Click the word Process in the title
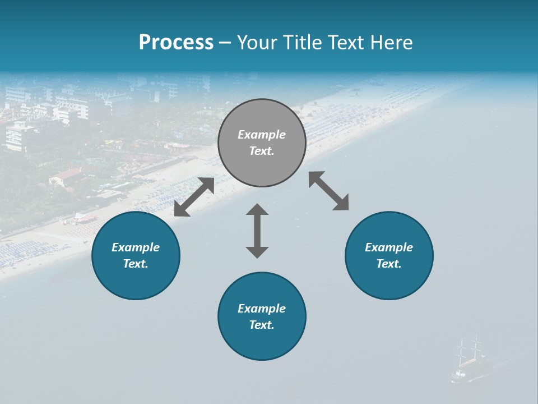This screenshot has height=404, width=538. [176, 43]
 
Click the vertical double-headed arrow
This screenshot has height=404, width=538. [257, 231]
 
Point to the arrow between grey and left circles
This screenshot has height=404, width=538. [194, 197]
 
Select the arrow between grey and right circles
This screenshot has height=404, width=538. [329, 191]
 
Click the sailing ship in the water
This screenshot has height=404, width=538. [467, 362]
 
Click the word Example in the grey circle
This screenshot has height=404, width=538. [262, 135]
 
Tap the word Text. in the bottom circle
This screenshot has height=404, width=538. [262, 325]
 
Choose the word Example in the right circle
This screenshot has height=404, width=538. [389, 247]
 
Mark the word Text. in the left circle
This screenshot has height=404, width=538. [136, 264]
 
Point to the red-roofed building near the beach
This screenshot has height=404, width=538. [66, 176]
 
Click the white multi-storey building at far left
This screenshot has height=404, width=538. [20, 136]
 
